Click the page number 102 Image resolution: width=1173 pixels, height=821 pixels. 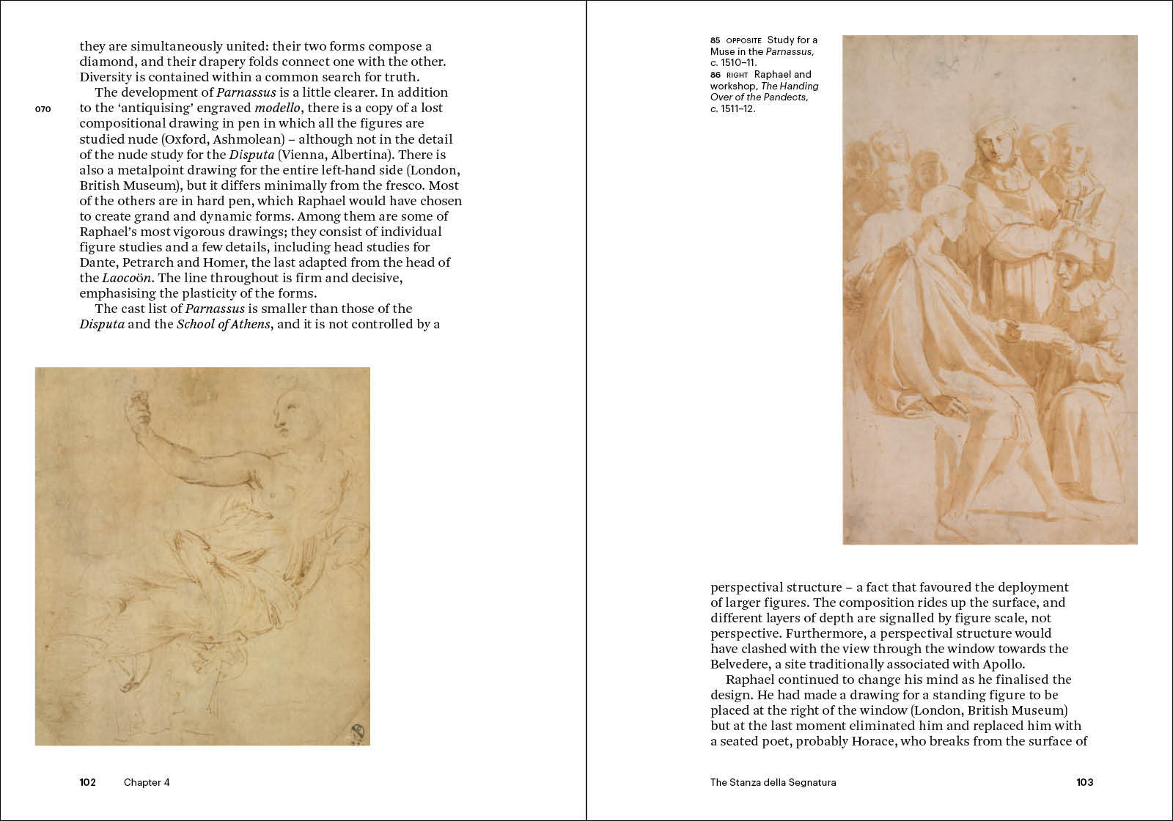click(x=88, y=782)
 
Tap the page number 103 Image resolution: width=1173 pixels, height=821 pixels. click(x=1085, y=782)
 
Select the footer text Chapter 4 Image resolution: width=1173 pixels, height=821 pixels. click(x=147, y=782)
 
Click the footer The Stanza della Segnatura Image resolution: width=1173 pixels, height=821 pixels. click(x=773, y=782)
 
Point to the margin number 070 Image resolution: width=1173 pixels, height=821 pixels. click(x=43, y=109)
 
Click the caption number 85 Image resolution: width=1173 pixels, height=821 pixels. click(x=715, y=40)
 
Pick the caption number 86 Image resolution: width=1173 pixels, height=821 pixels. click(x=715, y=74)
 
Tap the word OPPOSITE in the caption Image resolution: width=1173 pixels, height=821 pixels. click(x=744, y=40)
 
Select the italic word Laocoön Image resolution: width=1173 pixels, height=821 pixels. click(x=127, y=278)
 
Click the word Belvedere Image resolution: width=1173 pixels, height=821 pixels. click(x=740, y=664)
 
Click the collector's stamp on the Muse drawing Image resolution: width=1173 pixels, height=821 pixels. click(x=358, y=733)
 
